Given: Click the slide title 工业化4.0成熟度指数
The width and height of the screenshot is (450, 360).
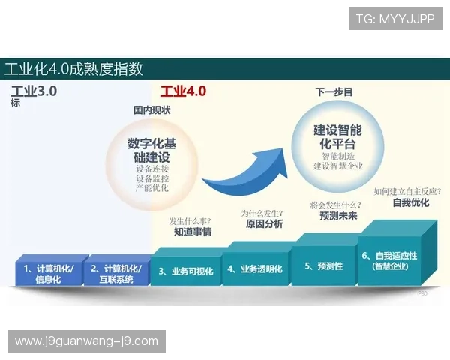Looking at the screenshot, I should pos(73,69).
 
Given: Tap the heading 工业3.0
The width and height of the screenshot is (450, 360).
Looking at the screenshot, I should pos(34,91).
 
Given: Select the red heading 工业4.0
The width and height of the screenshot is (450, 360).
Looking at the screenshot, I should pos(183,91).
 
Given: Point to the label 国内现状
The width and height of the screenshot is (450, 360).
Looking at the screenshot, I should pos(152,110).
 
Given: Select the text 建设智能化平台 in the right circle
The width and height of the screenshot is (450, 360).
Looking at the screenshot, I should pos(337,136).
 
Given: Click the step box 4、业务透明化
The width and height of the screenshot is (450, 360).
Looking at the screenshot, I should pos(255,268).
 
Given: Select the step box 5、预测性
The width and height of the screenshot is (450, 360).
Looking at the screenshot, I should pos(323,265).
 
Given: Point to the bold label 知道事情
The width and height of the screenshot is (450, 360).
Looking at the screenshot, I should pos(193,232).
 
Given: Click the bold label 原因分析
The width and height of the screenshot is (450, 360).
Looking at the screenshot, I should pos(262,224).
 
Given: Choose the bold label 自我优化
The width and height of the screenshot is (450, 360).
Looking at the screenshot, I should pos(410,202).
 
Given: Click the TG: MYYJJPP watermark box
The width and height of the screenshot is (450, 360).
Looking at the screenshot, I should pos(395,18).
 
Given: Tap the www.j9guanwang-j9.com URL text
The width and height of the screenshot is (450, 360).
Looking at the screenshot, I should pos(86,341).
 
